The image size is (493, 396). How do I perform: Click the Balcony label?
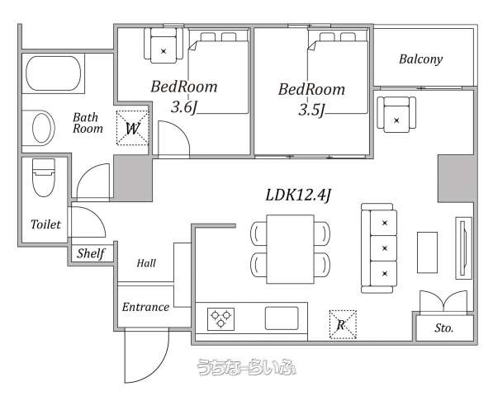[420, 59]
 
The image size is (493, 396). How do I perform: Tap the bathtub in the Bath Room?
[53, 73]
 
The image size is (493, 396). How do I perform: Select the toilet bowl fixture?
[44, 177]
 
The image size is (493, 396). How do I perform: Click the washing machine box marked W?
[132, 128]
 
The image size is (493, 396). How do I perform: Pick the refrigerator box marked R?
[343, 324]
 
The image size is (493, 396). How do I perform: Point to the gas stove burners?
[220, 318]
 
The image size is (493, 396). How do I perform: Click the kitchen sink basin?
[282, 318]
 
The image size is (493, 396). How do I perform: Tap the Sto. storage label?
[443, 328]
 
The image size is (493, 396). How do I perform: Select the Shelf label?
[91, 253]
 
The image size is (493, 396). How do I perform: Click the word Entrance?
[145, 307]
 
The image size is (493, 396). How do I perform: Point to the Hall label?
[146, 263]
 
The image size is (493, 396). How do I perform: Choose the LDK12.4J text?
[298, 195]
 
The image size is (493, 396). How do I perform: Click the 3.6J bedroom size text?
[184, 108]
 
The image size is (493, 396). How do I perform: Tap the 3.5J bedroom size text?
[311, 111]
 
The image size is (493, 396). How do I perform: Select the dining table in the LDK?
[290, 249]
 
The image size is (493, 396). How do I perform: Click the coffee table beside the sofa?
[427, 252]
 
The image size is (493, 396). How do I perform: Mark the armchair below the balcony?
[396, 115]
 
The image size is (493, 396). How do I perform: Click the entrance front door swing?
[146, 356]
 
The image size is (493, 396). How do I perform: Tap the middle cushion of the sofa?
[384, 248]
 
